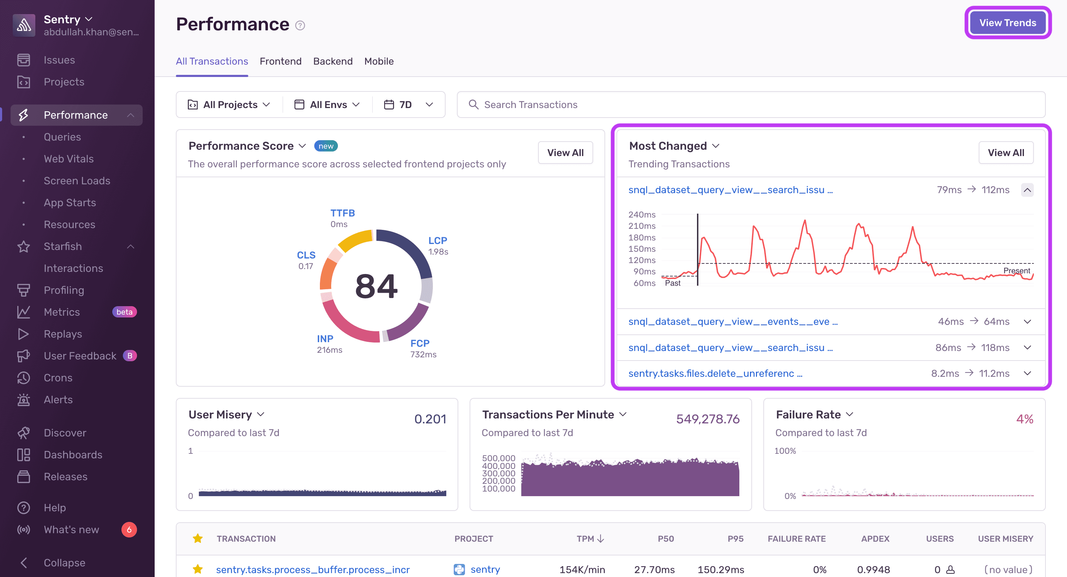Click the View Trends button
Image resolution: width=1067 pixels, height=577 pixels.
click(1007, 23)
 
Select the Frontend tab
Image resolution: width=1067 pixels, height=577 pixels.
click(280, 61)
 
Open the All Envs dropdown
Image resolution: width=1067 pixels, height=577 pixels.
click(327, 105)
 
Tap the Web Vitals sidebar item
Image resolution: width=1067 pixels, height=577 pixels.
click(69, 159)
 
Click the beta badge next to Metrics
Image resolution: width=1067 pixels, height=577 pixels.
click(124, 312)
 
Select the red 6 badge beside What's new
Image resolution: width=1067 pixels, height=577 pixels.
click(129, 529)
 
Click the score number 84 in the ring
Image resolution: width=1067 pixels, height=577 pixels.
click(376, 286)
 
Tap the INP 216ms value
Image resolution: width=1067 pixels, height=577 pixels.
click(329, 350)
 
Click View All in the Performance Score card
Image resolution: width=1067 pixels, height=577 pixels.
click(565, 153)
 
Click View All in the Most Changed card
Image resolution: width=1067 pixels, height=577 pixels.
click(1005, 153)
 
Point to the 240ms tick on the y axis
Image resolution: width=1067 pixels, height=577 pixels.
click(642, 215)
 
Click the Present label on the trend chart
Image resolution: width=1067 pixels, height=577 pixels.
click(1016, 270)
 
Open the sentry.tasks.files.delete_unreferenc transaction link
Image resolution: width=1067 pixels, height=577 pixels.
click(715, 373)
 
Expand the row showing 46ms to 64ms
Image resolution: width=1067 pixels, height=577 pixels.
click(1027, 321)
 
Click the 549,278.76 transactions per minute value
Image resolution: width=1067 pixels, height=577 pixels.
click(708, 419)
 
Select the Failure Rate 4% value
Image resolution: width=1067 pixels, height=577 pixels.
click(1024, 419)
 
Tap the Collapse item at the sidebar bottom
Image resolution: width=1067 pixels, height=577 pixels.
click(64, 563)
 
